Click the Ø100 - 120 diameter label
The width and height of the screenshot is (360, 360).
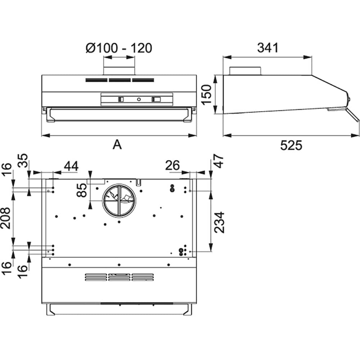[119, 48]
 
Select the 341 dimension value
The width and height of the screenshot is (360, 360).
[268, 48]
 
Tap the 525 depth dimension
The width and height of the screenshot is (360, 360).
[291, 145]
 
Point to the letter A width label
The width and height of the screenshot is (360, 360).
[117, 145]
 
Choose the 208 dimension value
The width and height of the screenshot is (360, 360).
[5, 218]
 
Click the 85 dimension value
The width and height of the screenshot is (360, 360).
[82, 190]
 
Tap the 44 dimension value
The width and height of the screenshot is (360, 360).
[71, 166]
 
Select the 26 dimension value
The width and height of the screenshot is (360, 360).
[172, 165]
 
